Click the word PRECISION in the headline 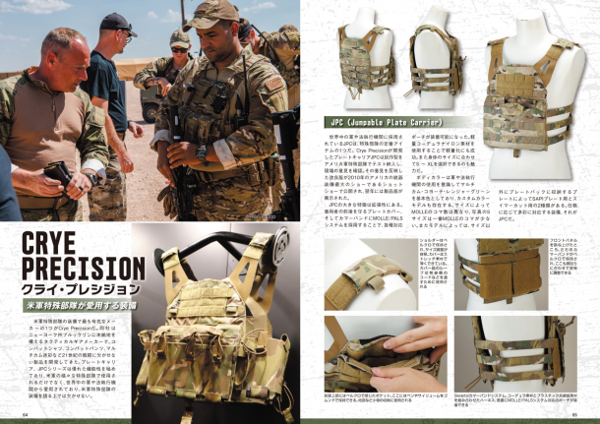(x=73, y=269)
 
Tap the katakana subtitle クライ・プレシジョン (x=64, y=289)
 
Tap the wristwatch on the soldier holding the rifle (x=201, y=151)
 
